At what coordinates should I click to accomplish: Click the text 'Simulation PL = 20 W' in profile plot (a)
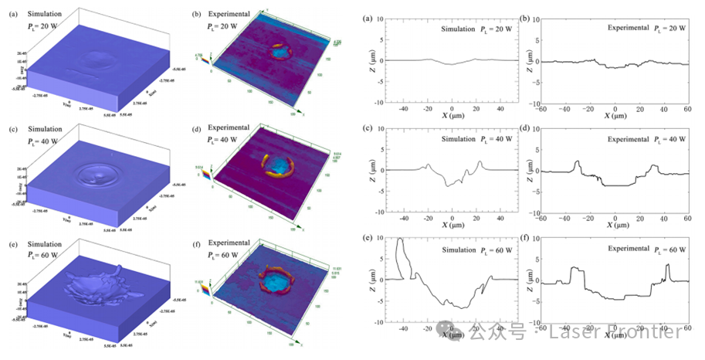click(x=477, y=29)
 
